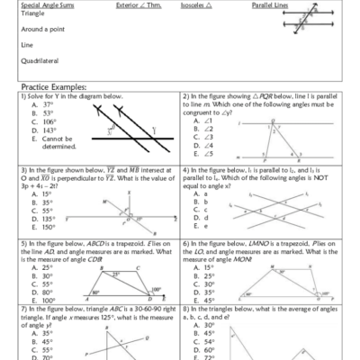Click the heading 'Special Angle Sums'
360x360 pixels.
point(43,4)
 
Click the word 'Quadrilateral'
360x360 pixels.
point(37,61)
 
